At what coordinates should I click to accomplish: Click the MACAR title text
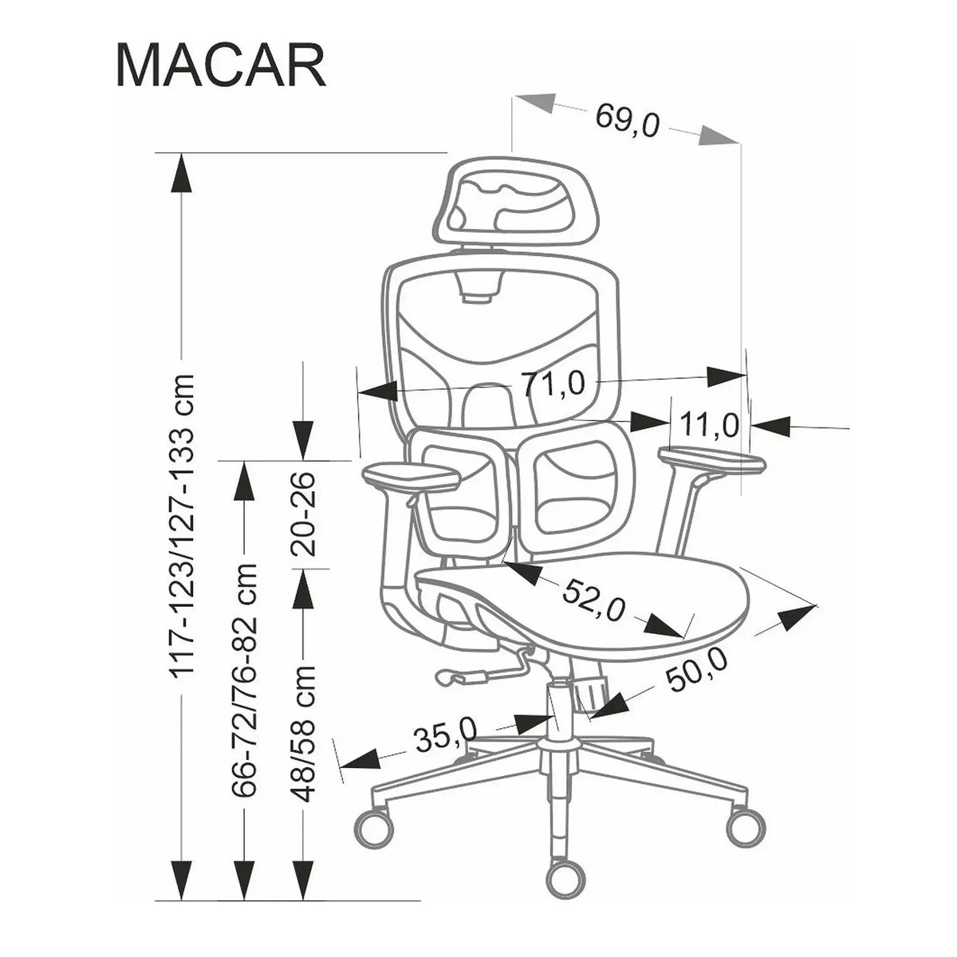(x=221, y=66)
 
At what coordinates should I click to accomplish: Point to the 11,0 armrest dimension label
(x=709, y=424)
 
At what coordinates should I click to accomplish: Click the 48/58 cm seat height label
(x=303, y=735)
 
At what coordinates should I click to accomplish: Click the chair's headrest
(x=517, y=201)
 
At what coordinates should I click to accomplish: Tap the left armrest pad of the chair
(x=412, y=477)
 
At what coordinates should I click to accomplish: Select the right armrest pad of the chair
(x=711, y=459)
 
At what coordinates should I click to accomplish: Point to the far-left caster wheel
(x=373, y=829)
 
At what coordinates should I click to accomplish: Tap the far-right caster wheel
(x=746, y=829)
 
